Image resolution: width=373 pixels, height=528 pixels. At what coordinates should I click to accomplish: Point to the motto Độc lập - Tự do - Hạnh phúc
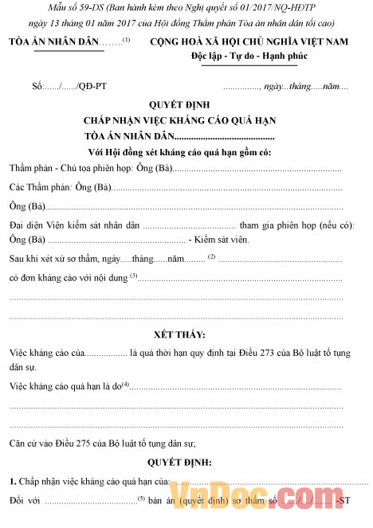coord(259,58)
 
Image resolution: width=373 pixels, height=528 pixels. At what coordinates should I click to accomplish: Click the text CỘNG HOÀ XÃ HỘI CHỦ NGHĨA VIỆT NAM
coord(259,42)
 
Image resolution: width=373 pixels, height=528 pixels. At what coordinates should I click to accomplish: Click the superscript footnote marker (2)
coord(212,256)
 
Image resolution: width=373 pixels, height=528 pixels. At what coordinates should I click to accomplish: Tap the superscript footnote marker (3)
coord(133,276)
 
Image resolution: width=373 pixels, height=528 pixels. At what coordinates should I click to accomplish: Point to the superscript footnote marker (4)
coord(125,385)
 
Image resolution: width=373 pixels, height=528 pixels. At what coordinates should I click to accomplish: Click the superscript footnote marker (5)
coord(140,499)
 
